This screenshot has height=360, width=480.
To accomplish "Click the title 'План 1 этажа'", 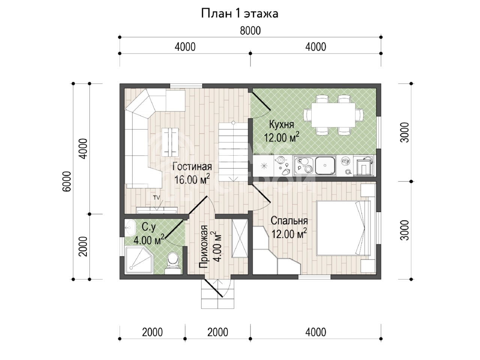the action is [x=240, y=13].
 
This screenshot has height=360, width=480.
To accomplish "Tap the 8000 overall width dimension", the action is [x=250, y=31].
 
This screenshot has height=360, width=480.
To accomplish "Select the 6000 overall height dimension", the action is [x=67, y=181].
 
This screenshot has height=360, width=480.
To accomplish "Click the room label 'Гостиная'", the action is [x=192, y=167].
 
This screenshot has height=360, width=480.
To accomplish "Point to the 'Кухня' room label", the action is [x=282, y=125].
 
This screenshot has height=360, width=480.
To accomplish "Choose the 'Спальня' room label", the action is [x=289, y=221].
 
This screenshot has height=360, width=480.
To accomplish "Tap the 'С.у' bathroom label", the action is [x=149, y=227].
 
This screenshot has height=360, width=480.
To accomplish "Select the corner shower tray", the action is [x=139, y=260].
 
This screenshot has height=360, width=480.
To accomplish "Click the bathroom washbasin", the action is [x=130, y=228].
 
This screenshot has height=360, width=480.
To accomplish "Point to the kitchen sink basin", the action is [x=325, y=165].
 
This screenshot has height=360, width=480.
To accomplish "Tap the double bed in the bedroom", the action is [x=343, y=228].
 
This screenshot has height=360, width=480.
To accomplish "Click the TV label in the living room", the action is [x=156, y=198].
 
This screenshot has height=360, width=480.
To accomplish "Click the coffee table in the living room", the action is [x=170, y=142].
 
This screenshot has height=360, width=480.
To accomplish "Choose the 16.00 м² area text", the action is [x=192, y=180].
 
